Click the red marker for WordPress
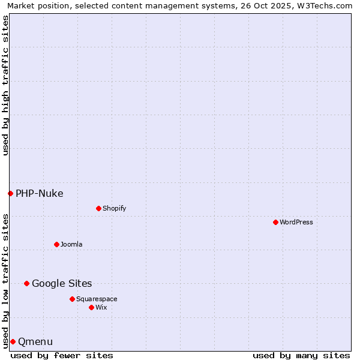[275, 222]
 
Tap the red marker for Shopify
[98, 208]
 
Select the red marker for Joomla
[56, 244]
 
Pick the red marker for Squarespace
[72, 299]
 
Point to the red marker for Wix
[91, 307]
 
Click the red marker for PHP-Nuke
[10, 193]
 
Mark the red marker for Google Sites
[26, 283]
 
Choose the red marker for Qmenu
[13, 341]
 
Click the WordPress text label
[296, 222]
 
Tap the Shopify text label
[115, 208]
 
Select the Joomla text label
[71, 244]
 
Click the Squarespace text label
[97, 299]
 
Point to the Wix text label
[101, 307]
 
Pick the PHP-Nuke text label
[40, 193]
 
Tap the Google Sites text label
[62, 283]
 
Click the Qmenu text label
[35, 341]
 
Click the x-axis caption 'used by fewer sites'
[62, 355]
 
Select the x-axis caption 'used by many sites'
[301, 355]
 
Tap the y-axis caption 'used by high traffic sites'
[5, 85]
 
